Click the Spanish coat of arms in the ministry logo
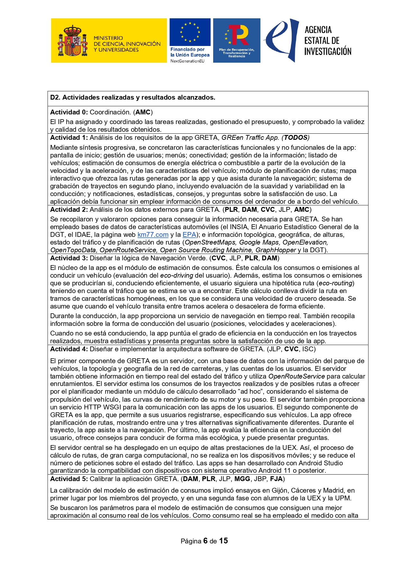(x=73, y=41)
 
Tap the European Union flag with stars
(x=190, y=32)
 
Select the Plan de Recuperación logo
(x=237, y=40)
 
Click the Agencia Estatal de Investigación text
(x=328, y=40)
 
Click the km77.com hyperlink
(x=153, y=235)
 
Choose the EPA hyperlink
(x=189, y=235)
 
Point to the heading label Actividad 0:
(x=69, y=112)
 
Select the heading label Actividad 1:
(x=69, y=138)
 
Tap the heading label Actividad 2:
(x=69, y=210)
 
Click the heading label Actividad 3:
(x=69, y=258)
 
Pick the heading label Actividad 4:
(x=69, y=349)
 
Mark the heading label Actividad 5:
(x=69, y=479)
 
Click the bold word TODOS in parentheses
(x=295, y=138)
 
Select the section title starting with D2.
(x=132, y=97)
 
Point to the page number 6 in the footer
(x=205, y=541)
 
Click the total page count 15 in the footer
(x=223, y=541)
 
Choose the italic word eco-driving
(x=177, y=275)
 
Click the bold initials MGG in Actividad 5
(x=242, y=479)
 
